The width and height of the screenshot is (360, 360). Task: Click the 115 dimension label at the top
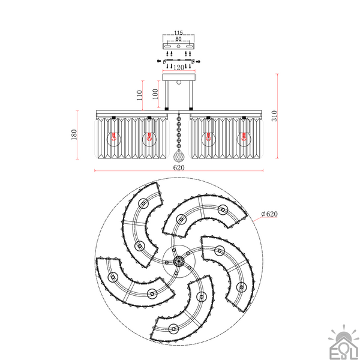pyautogui.click(x=178, y=33)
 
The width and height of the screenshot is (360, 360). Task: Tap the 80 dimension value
pyautogui.click(x=178, y=39)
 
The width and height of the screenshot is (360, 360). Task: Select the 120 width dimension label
pyautogui.click(x=179, y=67)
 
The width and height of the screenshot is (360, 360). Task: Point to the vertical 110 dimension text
pyautogui.click(x=139, y=95)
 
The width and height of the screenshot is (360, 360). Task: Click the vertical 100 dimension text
pyautogui.click(x=155, y=94)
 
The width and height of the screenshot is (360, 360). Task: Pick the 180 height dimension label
pyautogui.click(x=74, y=134)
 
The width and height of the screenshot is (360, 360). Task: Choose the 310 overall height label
pyautogui.click(x=275, y=116)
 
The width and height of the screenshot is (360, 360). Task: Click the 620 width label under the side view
pyautogui.click(x=179, y=167)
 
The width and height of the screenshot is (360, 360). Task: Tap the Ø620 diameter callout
pyautogui.click(x=269, y=214)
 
